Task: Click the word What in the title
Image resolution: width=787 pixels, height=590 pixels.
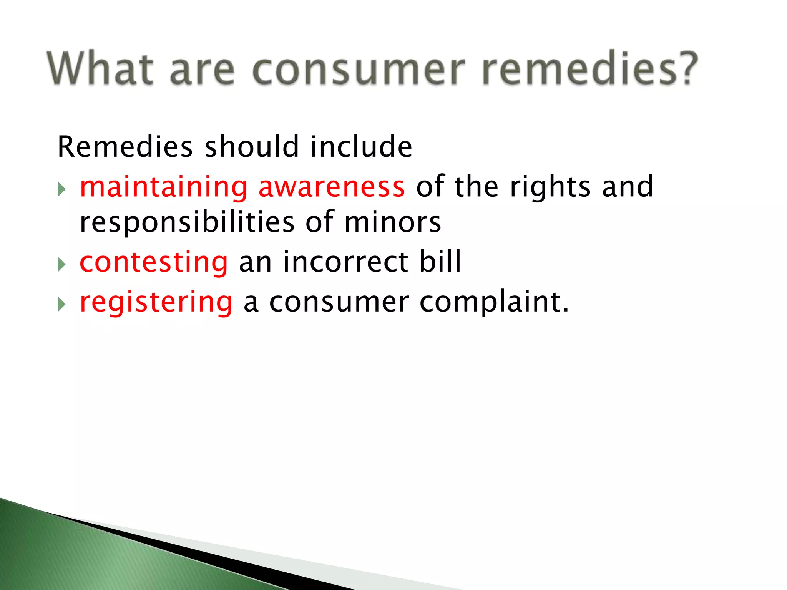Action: [x=100, y=68]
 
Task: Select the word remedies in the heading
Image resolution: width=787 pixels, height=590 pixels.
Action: [x=578, y=68]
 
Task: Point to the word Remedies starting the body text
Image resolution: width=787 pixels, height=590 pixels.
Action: [x=125, y=147]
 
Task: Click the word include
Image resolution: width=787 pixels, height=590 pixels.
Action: [x=361, y=147]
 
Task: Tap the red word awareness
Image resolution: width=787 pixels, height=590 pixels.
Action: [x=331, y=187]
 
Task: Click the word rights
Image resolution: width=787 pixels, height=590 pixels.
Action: [x=550, y=187]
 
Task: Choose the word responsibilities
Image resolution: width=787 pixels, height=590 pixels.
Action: [x=187, y=223]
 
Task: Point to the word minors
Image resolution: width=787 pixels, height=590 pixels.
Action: [x=392, y=223]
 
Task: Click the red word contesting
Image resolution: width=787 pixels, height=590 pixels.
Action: [x=154, y=262]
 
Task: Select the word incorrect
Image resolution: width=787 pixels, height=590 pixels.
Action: [x=345, y=262]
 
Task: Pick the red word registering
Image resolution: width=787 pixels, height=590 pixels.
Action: [x=156, y=303]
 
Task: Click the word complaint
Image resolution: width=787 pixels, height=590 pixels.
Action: [x=493, y=303]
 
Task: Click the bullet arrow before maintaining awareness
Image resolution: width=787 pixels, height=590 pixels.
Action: [x=62, y=189]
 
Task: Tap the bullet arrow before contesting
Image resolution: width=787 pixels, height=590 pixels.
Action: [x=62, y=264]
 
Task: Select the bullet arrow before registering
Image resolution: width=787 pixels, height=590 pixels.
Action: [x=62, y=304]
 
